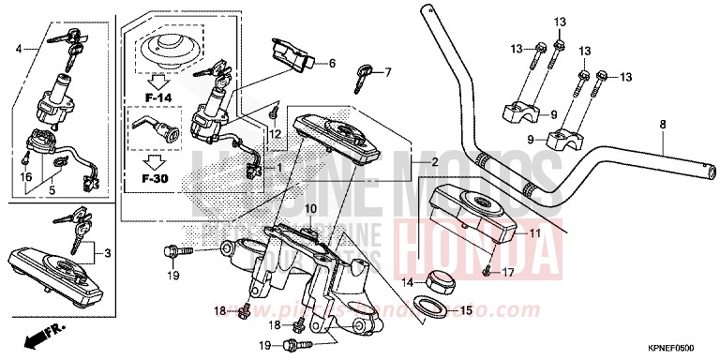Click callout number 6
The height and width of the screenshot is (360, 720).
coord(331,64)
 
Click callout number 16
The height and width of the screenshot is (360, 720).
coord(25,175)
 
